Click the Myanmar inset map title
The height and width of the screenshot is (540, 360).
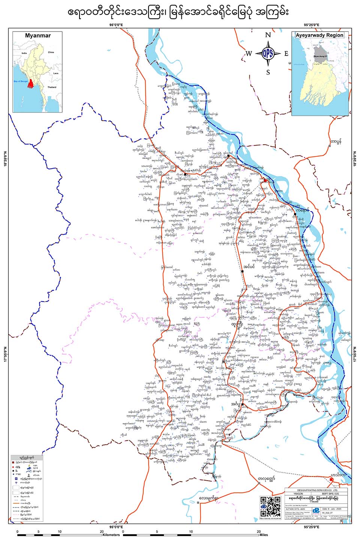[x=37, y=36]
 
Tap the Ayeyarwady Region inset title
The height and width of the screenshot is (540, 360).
[x=319, y=35]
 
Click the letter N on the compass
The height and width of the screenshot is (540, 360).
[x=268, y=35]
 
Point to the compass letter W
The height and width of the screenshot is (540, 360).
[x=248, y=54]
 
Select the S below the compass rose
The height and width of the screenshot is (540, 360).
[x=268, y=72]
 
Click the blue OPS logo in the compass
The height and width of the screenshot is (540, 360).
[x=268, y=53]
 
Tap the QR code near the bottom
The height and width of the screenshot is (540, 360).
[x=270, y=506]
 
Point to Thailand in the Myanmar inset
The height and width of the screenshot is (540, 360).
[x=52, y=87]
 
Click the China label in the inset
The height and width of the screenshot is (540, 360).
[x=51, y=52]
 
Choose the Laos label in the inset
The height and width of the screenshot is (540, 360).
[x=55, y=73]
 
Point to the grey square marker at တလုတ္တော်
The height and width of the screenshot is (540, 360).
[x=259, y=483]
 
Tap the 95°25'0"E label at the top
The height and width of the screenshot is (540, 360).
[x=312, y=25]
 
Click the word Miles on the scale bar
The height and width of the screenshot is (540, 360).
[x=263, y=535]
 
